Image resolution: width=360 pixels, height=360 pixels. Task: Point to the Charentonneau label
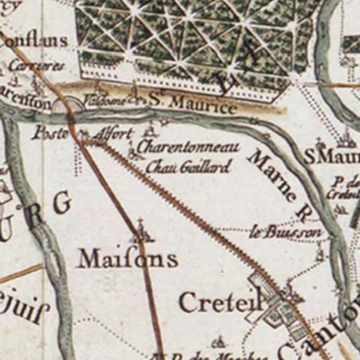coord(188,148)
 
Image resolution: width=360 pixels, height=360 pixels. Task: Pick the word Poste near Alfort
coord(50,133)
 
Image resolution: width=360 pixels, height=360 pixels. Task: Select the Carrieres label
coord(37,66)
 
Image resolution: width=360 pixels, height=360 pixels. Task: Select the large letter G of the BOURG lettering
coord(61,204)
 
